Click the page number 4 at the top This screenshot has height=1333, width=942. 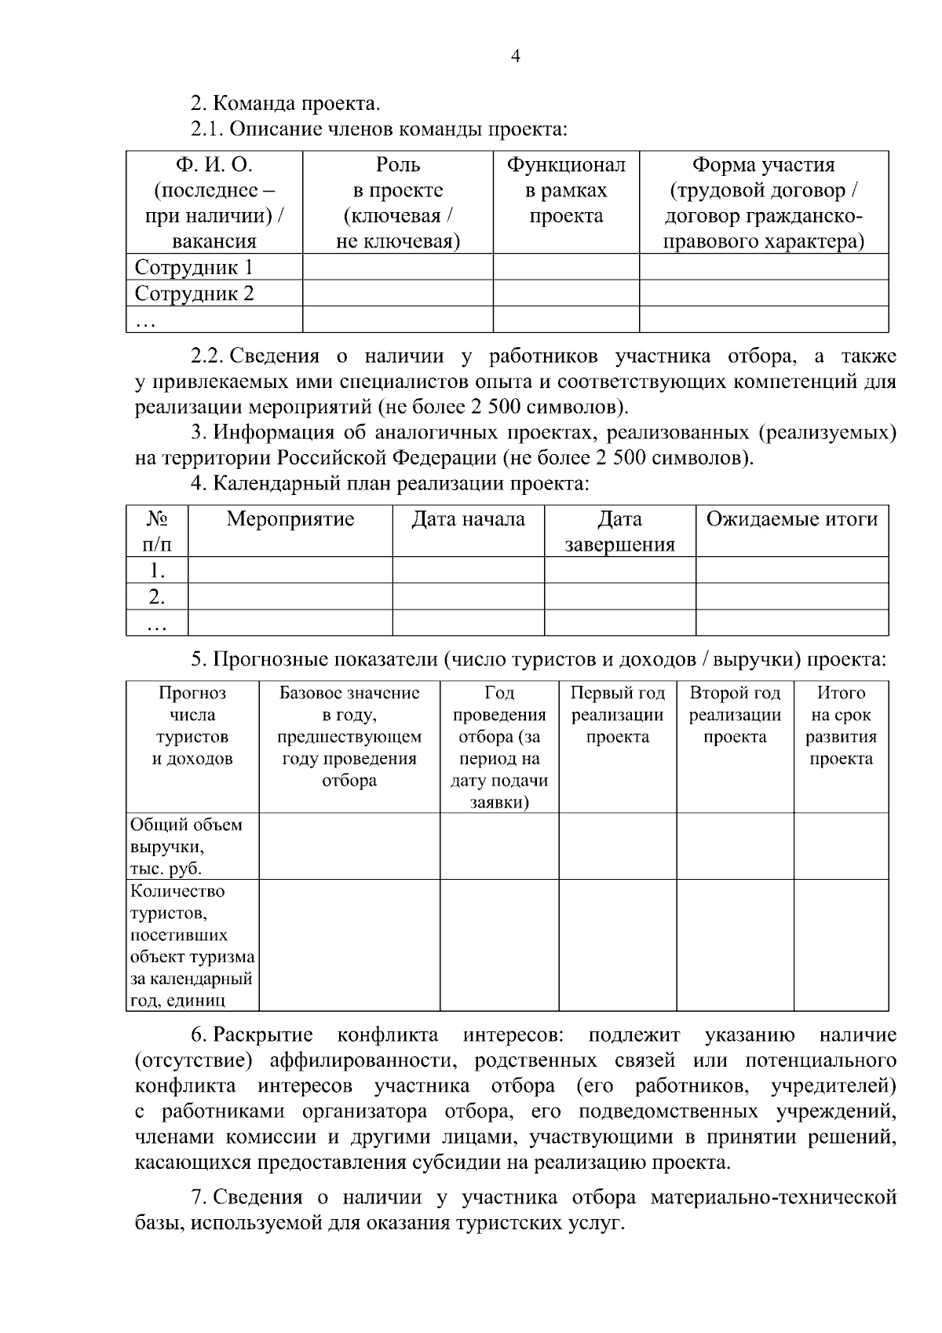pyautogui.click(x=515, y=56)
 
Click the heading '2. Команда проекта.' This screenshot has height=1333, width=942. pyautogui.click(x=286, y=104)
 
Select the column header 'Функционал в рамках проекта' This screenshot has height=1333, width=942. pyautogui.click(x=565, y=190)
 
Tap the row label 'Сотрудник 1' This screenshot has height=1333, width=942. pyautogui.click(x=194, y=267)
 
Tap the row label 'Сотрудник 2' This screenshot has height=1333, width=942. pyautogui.click(x=194, y=294)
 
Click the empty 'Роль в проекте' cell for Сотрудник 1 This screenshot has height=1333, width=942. pyautogui.click(x=397, y=267)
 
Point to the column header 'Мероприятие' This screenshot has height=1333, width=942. pyautogui.click(x=290, y=519)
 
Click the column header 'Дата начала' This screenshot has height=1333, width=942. pyautogui.click(x=468, y=519)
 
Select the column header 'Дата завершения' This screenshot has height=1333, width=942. pyautogui.click(x=619, y=532)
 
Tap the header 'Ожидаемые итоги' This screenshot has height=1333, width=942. pyautogui.click(x=791, y=519)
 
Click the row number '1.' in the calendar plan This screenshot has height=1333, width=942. pyautogui.click(x=157, y=570)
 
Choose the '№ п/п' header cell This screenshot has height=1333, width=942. pyautogui.click(x=157, y=532)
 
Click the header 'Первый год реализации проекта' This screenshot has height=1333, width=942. pyautogui.click(x=617, y=715)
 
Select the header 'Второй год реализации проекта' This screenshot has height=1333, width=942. pyautogui.click(x=735, y=715)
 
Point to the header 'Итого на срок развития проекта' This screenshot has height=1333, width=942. pyautogui.click(x=841, y=726)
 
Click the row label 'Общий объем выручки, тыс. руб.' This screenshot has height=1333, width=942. pyautogui.click(x=186, y=847)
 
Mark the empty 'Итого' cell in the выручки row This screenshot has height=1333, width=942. pyautogui.click(x=841, y=847)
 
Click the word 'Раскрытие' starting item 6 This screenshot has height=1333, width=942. pyautogui.click(x=262, y=1035)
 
